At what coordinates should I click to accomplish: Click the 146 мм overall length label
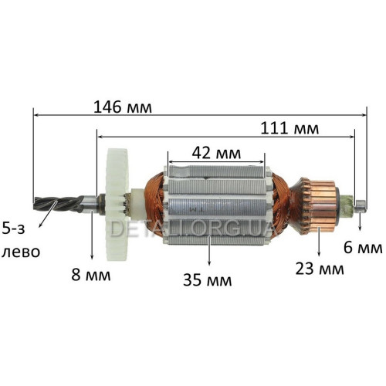tap(123, 107)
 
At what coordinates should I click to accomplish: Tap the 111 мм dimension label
tap(289, 128)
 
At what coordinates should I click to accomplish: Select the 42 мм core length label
tap(216, 154)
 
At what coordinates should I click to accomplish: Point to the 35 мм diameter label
tap(208, 280)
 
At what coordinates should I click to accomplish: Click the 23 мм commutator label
tap(320, 269)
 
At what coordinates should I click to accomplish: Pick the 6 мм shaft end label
tap(363, 248)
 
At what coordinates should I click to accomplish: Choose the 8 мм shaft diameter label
tap(91, 275)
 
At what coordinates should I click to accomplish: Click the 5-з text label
tap(13, 229)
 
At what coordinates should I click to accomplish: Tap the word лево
tap(21, 252)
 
